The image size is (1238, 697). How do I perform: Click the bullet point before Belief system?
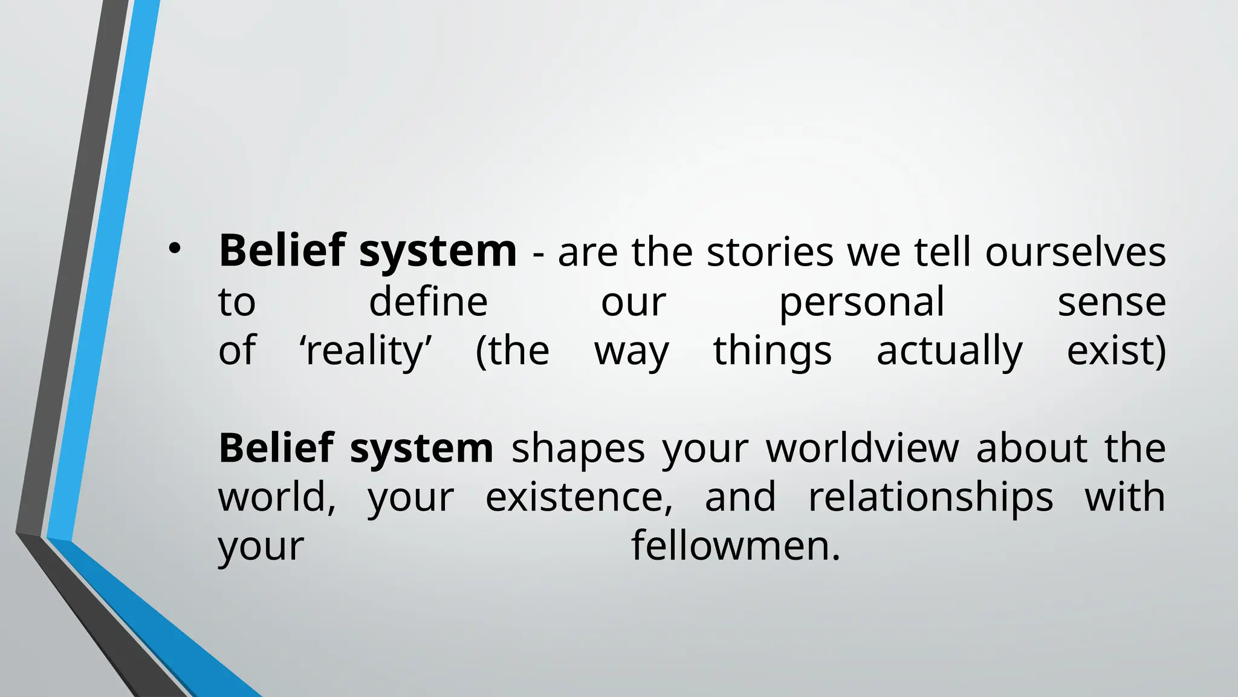[175, 249]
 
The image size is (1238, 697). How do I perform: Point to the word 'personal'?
[861, 303]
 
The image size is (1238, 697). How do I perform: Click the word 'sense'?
[1111, 303]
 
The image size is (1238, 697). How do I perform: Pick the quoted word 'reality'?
[366, 351]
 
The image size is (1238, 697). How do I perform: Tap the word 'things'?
[772, 351]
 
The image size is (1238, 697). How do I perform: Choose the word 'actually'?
[949, 351]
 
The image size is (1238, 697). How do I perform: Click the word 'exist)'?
[1116, 351]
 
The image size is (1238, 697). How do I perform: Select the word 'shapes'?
[578, 449]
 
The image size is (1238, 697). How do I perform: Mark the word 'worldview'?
[863, 448]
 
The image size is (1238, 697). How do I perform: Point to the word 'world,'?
[277, 497]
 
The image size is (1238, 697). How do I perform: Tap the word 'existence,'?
[579, 497]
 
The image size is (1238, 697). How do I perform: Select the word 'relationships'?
[930, 497]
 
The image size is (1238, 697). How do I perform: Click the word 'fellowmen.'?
[736, 546]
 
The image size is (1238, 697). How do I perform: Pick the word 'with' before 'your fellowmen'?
[1124, 497]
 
